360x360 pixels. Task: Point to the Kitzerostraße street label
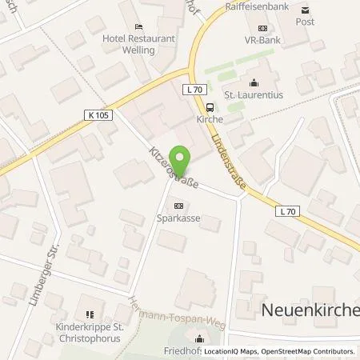click(167, 160)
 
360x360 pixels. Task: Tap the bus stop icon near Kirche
click(210, 107)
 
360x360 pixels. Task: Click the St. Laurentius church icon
click(254, 82)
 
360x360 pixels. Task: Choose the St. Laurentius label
click(254, 93)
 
